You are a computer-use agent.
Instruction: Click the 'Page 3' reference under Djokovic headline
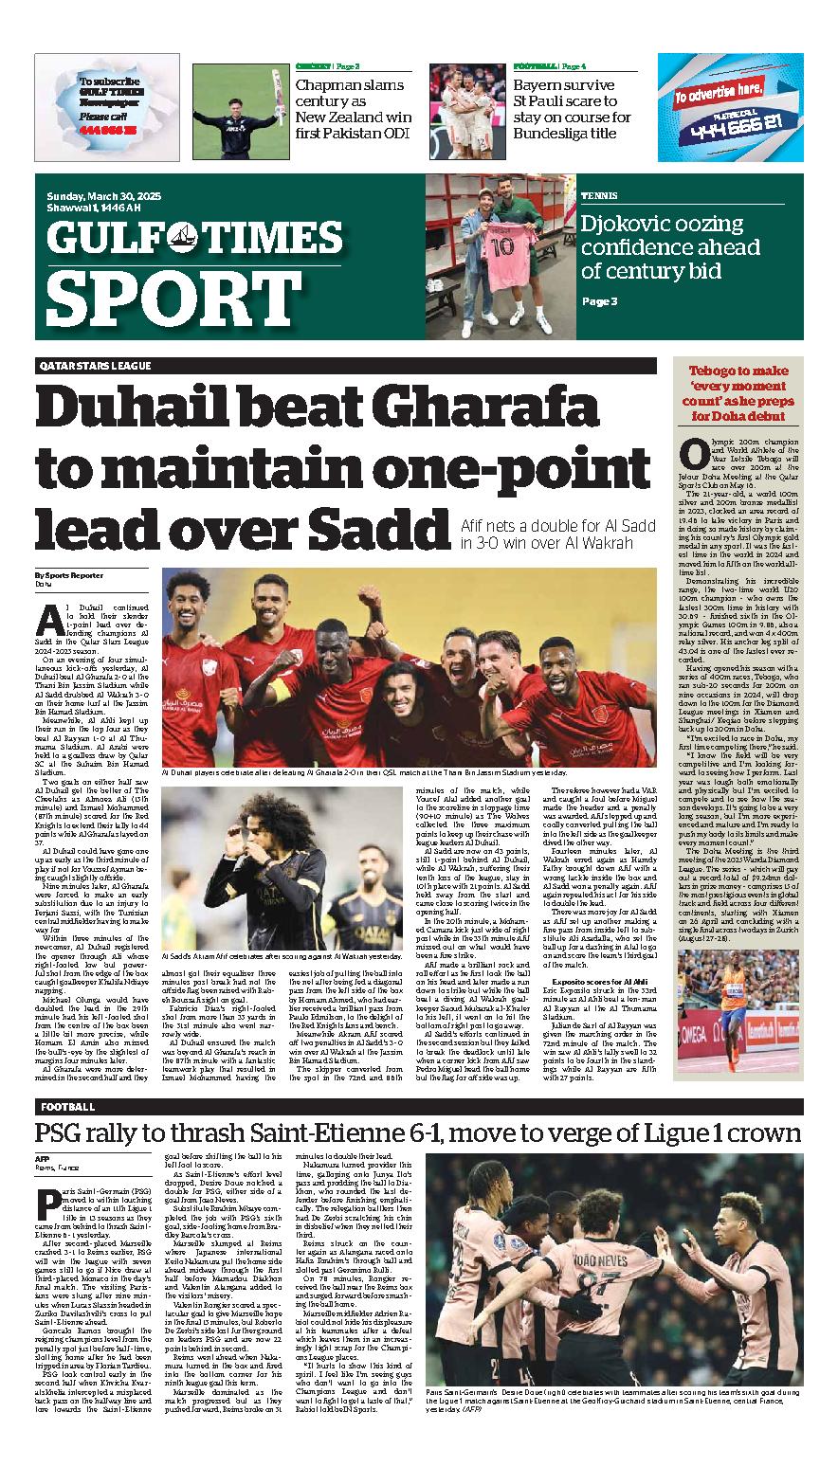[x=599, y=301]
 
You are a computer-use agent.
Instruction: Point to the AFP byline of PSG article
[x=43, y=1159]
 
